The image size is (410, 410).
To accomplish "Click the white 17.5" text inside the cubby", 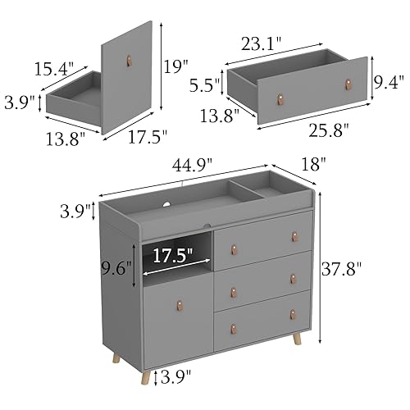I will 175,255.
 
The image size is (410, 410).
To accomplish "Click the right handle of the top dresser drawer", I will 294,237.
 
